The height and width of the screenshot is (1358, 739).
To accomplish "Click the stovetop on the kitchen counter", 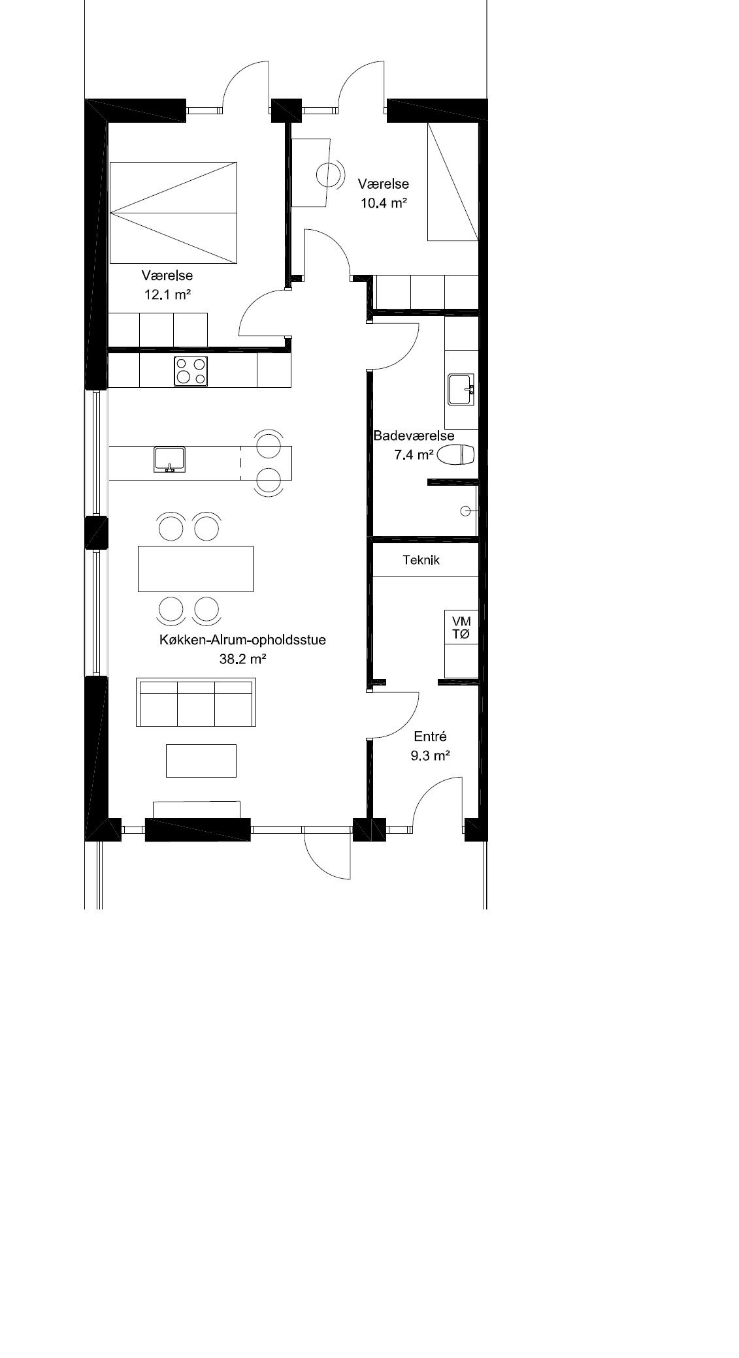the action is click(x=189, y=371).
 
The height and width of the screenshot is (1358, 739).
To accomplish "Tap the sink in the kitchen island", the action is click(x=170, y=459).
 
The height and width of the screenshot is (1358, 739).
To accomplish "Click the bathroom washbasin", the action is click(x=461, y=390).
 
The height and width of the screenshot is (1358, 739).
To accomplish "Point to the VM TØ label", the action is click(x=461, y=627).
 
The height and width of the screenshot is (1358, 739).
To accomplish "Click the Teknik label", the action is click(x=421, y=560).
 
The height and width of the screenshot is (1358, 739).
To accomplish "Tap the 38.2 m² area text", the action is click(x=242, y=659).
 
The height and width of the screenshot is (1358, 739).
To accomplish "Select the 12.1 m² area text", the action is click(x=167, y=294).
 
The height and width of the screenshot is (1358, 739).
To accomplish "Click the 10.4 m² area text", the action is click(x=384, y=202).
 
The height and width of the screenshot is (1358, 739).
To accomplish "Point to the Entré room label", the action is click(x=431, y=736).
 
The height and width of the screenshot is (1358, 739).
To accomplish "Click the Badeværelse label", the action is click(x=414, y=435).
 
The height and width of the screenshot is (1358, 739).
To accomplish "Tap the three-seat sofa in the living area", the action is click(x=195, y=703).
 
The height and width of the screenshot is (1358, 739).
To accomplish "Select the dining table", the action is click(x=195, y=569).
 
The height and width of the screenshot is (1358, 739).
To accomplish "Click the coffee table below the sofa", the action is click(x=201, y=761).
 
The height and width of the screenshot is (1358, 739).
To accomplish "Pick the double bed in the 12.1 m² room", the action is click(x=173, y=213).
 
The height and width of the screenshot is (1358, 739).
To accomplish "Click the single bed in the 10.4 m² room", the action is click(x=453, y=182).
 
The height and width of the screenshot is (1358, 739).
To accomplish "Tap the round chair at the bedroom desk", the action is click(x=329, y=174).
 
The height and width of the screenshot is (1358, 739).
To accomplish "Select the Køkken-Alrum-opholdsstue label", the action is click(x=242, y=640).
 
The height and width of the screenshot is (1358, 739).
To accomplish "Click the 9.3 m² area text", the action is click(x=431, y=756).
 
